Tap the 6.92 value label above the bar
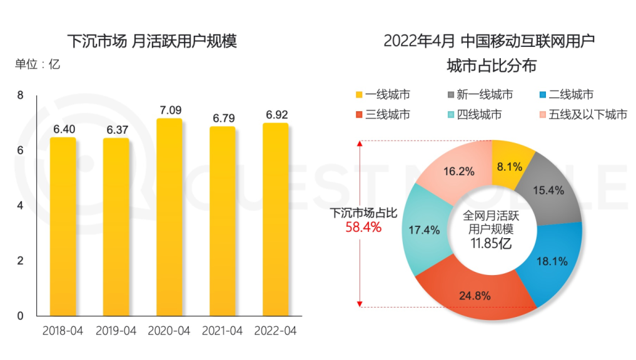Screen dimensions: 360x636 click(x=276, y=115)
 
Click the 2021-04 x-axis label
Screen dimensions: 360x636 click(x=221, y=331)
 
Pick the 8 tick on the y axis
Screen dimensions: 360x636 click(x=21, y=96)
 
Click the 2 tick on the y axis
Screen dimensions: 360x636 click(x=21, y=261)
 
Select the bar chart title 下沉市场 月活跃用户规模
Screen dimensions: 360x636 click(x=152, y=42)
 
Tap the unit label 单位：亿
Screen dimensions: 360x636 click(x=38, y=64)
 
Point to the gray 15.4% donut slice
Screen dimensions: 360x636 click(x=550, y=187)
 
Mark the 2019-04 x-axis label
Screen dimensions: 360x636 click(x=116, y=331)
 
